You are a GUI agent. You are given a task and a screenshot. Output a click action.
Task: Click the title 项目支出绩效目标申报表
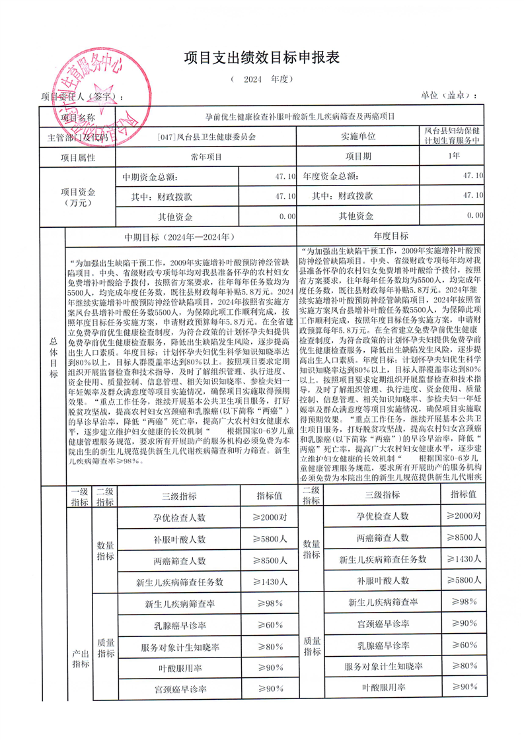click(x=262, y=58)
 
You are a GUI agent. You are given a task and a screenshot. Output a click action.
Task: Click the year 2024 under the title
click(x=253, y=79)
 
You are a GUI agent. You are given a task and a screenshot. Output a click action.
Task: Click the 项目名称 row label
click(x=77, y=116)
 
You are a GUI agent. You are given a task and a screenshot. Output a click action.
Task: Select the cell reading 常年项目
click(x=206, y=158)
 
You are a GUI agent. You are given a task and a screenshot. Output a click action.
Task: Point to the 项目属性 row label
click(x=77, y=158)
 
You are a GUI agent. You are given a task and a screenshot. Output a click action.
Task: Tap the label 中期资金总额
click(x=149, y=178)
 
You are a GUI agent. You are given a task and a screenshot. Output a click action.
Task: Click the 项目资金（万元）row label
click(x=77, y=197)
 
